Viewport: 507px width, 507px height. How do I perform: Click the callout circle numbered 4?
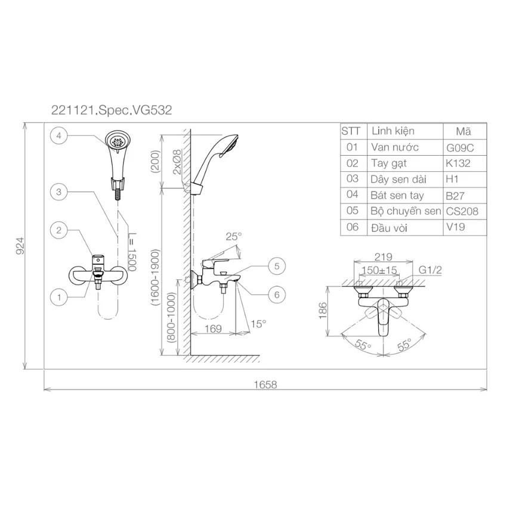point(58,136)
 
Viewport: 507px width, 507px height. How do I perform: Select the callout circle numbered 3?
point(58,192)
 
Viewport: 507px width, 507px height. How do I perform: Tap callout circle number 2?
point(58,231)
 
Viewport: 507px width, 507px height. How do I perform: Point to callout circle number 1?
point(58,297)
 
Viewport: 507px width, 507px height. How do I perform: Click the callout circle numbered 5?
point(277,266)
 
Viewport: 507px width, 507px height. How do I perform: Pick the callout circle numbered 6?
point(277,295)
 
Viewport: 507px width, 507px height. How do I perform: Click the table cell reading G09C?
point(460,148)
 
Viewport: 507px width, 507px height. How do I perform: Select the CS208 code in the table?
point(462,212)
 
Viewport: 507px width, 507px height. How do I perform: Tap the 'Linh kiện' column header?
point(393,131)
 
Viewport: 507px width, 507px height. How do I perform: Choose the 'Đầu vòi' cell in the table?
point(389,228)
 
